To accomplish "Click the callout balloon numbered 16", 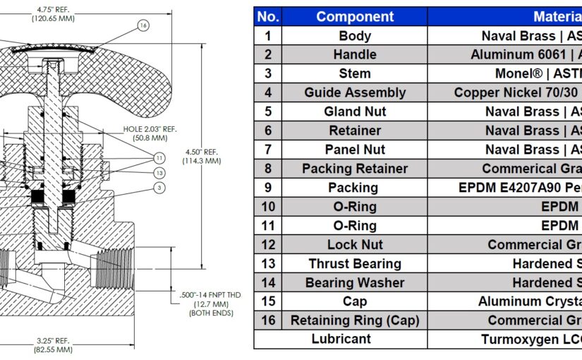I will point(143,25).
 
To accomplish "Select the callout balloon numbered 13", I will point(160,173).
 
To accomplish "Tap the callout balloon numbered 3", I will point(160,188).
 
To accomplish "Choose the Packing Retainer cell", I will point(355,169).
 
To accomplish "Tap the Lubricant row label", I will point(341,340).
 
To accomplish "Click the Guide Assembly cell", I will point(355,92).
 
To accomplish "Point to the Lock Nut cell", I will point(355,245).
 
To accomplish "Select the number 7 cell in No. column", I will point(269,150).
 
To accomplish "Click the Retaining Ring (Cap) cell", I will point(355,320).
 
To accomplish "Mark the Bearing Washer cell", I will point(355,283).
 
